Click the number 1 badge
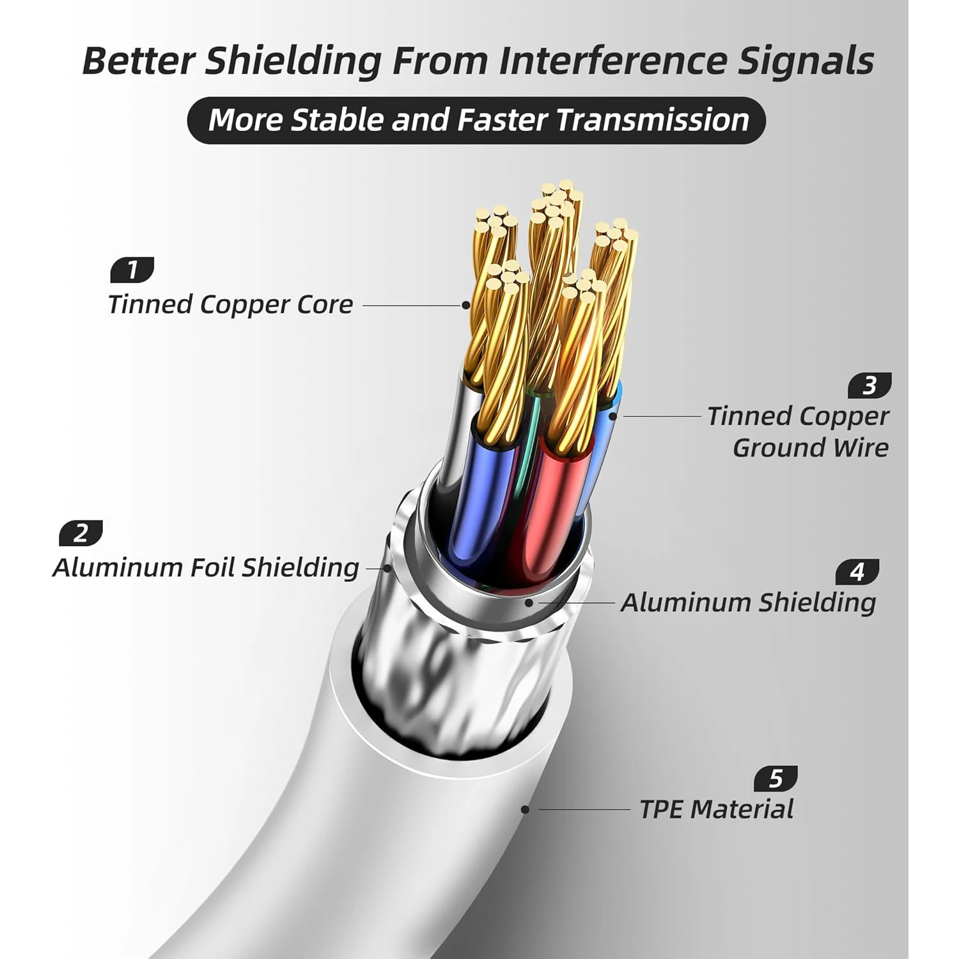click(132, 270)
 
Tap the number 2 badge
click(81, 533)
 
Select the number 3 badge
click(869, 386)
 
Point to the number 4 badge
click(857, 572)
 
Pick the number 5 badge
click(776, 778)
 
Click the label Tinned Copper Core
click(230, 304)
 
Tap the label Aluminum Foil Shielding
click(206, 568)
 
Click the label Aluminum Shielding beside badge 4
click(748, 602)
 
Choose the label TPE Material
click(717, 809)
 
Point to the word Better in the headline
click(138, 61)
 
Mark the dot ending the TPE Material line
click(525, 809)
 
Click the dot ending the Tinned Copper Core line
click(466, 306)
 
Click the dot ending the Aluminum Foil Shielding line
click(387, 568)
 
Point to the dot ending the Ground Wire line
click(612, 416)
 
